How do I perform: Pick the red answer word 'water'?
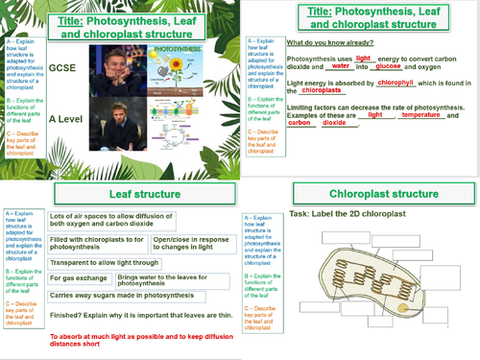pos(341,66)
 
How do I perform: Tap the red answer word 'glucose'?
pos(389,66)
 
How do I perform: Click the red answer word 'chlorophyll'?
pos(395,84)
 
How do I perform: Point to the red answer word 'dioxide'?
pos(334,123)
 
